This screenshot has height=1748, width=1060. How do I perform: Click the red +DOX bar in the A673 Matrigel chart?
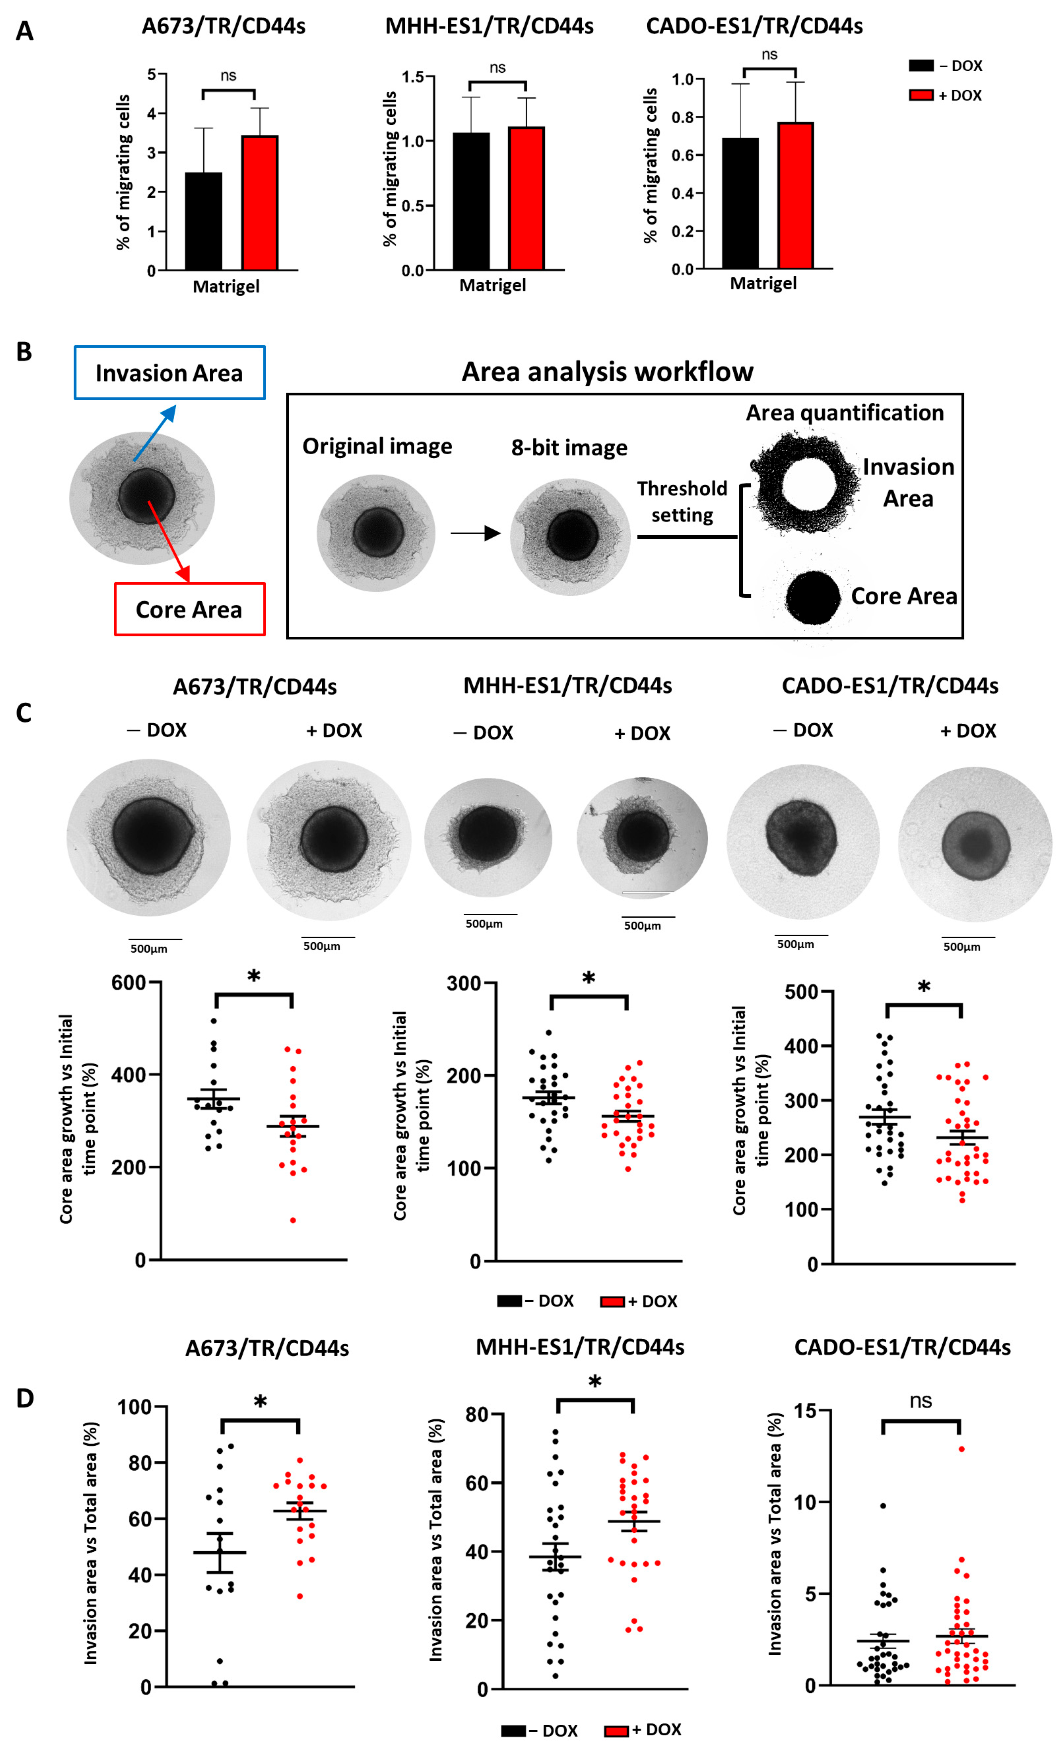click(x=259, y=202)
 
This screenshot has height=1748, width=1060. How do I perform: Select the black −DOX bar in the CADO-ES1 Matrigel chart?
click(x=740, y=203)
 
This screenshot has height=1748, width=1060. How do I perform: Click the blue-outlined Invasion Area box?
click(x=169, y=373)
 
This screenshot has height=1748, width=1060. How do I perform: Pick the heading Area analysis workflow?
click(x=607, y=371)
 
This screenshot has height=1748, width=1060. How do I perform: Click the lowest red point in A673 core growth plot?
click(x=293, y=1220)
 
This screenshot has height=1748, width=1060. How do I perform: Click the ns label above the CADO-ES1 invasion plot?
click(x=920, y=1401)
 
